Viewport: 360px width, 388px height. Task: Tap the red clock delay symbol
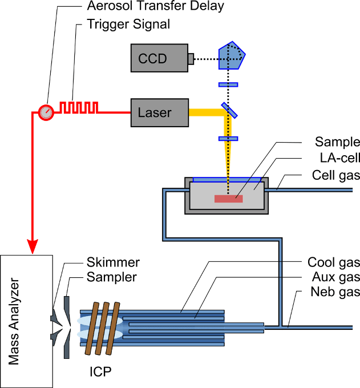click(x=45, y=112)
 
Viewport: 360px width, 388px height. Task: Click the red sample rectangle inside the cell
click(x=229, y=199)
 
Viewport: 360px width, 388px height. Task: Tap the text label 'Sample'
click(x=337, y=142)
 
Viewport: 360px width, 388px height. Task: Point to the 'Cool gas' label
click(x=334, y=262)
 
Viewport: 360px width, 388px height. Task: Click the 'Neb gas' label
click(x=335, y=293)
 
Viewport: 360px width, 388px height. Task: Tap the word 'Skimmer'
click(x=113, y=262)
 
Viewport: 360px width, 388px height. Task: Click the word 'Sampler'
click(x=112, y=277)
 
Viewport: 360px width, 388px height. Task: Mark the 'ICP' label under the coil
click(x=100, y=373)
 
